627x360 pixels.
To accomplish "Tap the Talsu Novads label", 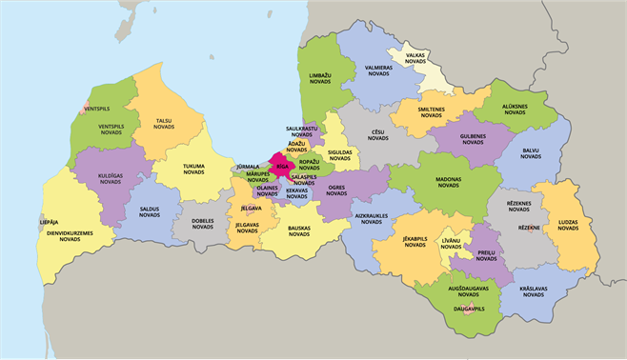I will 164,123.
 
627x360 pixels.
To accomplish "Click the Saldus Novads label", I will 149,211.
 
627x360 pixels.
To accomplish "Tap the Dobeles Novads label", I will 202,225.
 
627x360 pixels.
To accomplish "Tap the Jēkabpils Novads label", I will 415,242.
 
